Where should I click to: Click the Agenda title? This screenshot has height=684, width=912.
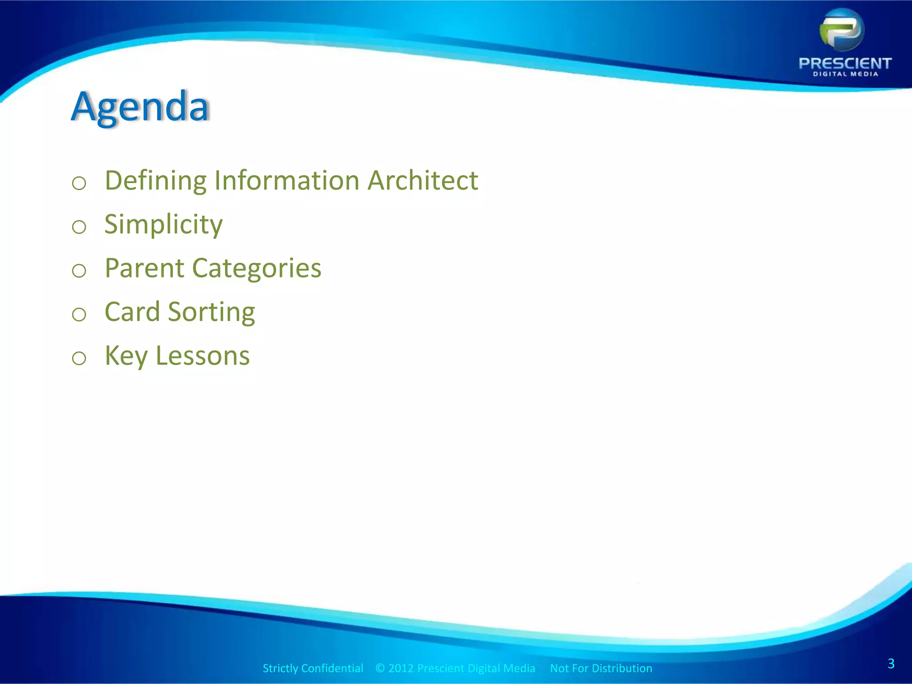(x=140, y=107)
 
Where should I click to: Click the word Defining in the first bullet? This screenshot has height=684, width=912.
(x=155, y=181)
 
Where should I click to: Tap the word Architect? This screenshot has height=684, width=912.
(x=423, y=181)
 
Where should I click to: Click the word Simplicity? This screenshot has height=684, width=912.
(x=163, y=224)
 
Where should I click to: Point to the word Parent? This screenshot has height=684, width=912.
(x=144, y=268)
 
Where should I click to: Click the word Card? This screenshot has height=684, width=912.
(x=132, y=312)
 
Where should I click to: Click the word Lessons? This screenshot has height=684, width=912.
(x=203, y=356)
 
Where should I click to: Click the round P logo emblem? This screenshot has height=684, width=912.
(x=842, y=30)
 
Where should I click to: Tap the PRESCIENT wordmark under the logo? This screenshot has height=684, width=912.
(x=845, y=63)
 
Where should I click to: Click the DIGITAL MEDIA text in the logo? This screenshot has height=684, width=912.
(x=845, y=74)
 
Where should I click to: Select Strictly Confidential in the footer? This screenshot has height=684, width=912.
(x=313, y=668)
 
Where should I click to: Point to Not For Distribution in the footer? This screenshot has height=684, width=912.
(x=601, y=668)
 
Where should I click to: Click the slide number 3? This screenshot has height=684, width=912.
(x=891, y=664)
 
